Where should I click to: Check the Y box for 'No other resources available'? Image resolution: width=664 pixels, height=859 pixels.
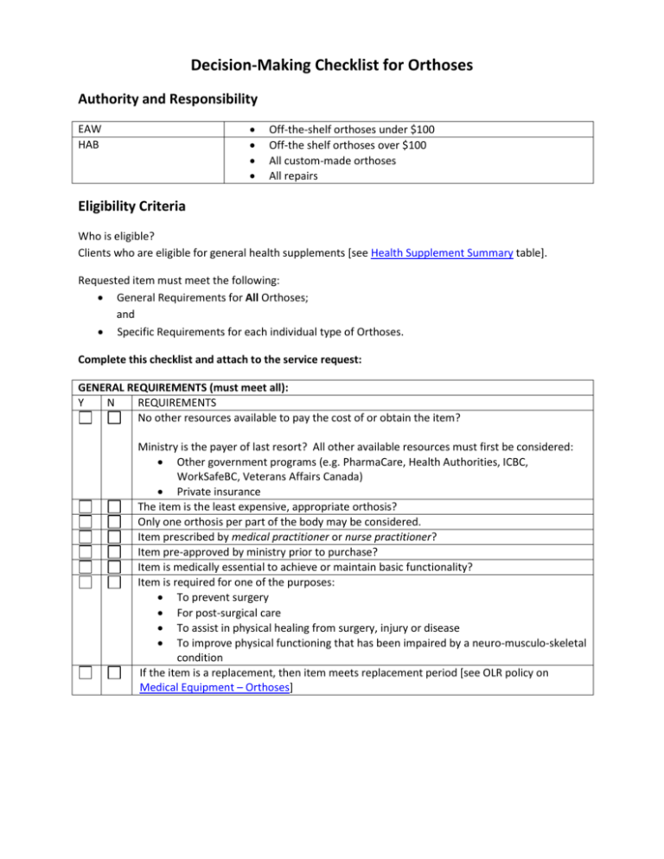(x=85, y=418)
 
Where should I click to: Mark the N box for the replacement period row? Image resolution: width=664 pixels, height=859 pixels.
(x=114, y=672)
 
